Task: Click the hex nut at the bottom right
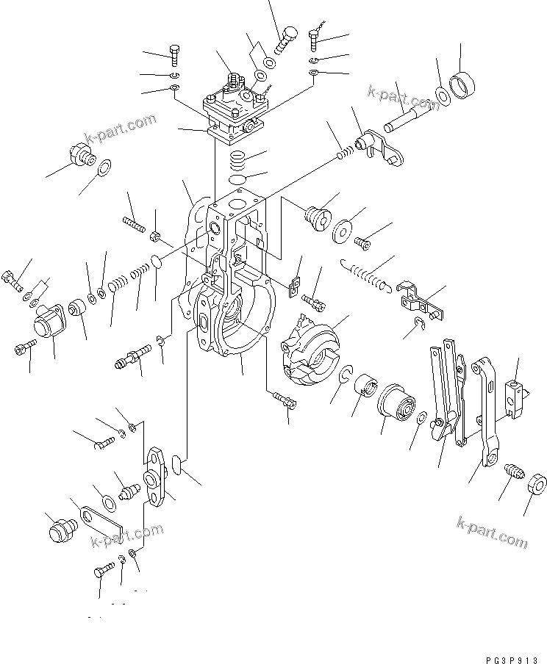tap(536, 485)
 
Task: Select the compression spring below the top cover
tap(237, 159)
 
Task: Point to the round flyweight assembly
tap(309, 348)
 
